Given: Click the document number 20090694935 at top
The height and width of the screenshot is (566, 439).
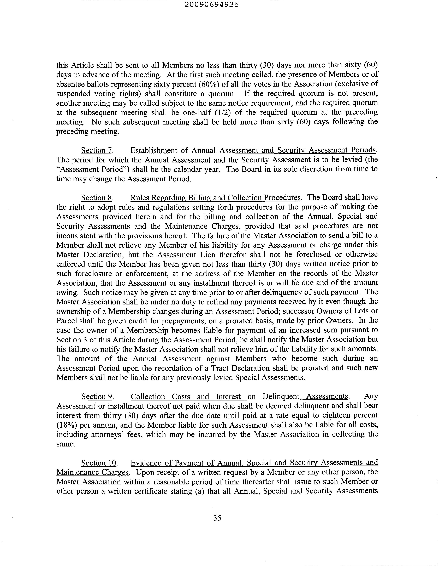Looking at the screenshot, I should coord(212,4).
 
